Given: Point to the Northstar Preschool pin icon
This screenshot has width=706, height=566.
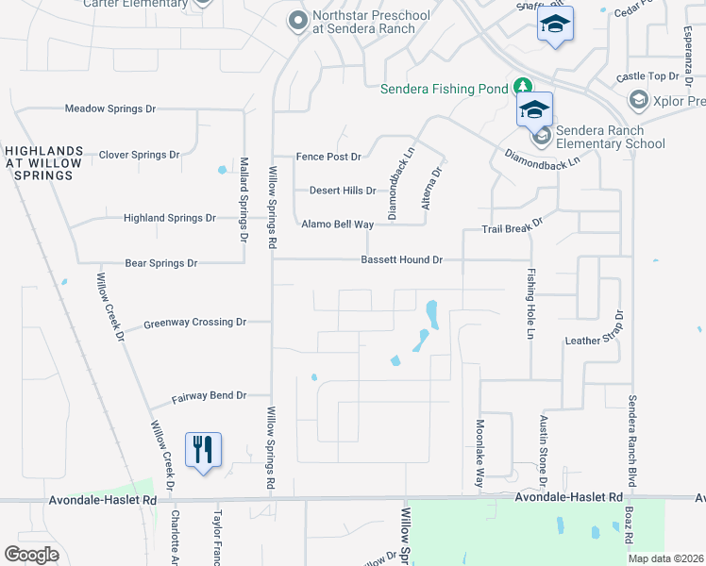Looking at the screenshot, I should click(298, 20).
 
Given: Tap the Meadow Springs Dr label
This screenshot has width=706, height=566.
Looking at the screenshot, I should click(109, 108).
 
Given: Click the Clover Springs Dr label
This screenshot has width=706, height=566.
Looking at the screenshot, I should click(139, 155).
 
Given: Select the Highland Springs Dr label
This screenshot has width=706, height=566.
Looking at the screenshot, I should click(170, 218).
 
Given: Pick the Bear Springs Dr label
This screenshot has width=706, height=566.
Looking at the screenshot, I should click(160, 263).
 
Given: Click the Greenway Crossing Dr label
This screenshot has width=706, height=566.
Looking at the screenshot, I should click(194, 323).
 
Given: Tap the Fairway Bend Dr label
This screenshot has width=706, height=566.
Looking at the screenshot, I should click(209, 396).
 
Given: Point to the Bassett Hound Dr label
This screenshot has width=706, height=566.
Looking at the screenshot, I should click(401, 259).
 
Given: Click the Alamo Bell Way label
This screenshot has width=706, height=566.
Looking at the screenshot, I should click(337, 225).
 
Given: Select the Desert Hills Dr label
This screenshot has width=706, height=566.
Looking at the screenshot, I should click(343, 191).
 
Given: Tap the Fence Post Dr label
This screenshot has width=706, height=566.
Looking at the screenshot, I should click(328, 157).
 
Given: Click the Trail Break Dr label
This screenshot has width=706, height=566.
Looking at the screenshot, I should click(513, 227).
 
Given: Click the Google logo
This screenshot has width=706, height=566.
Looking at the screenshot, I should click(32, 555).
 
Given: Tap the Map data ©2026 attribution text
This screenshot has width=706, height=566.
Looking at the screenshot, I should click(664, 558).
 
